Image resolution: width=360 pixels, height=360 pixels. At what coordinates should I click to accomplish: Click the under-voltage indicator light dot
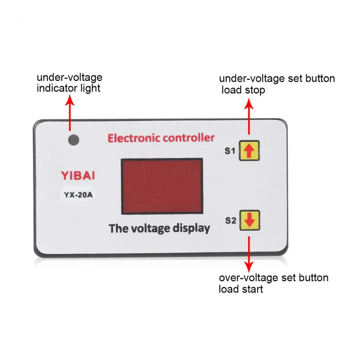(74, 140)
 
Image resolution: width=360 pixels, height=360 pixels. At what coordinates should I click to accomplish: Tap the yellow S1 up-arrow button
(249, 150)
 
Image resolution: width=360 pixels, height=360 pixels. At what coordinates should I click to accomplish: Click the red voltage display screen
(162, 186)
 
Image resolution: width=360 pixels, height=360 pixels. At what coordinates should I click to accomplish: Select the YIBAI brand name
(78, 175)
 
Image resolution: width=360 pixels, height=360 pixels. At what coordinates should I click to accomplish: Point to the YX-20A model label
(78, 195)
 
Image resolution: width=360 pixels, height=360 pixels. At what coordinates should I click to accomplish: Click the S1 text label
(230, 151)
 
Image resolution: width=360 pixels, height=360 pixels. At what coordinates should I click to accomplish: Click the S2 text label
(230, 221)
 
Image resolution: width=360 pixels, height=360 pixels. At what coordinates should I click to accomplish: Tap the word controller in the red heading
(189, 138)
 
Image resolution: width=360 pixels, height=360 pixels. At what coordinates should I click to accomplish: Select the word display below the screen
(191, 229)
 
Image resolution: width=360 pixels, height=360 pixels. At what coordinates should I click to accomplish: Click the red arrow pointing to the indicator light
(70, 113)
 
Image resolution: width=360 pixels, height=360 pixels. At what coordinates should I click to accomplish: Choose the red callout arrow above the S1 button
(249, 116)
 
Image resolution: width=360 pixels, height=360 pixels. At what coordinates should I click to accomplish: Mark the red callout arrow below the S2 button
(249, 254)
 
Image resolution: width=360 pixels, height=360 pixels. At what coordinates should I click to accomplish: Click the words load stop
(243, 90)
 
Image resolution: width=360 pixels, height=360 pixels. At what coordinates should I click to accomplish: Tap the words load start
(241, 289)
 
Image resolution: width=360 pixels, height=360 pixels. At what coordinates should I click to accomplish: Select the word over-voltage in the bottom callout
(249, 278)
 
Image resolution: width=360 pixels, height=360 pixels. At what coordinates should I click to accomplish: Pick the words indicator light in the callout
(69, 88)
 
